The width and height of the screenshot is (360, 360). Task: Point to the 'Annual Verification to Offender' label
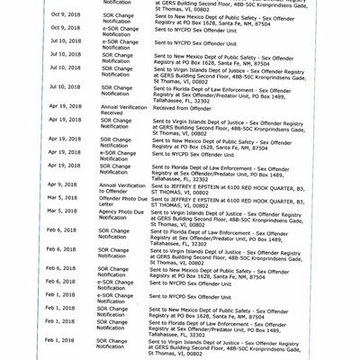pos(119,189)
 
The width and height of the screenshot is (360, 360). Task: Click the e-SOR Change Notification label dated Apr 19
pos(119,156)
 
